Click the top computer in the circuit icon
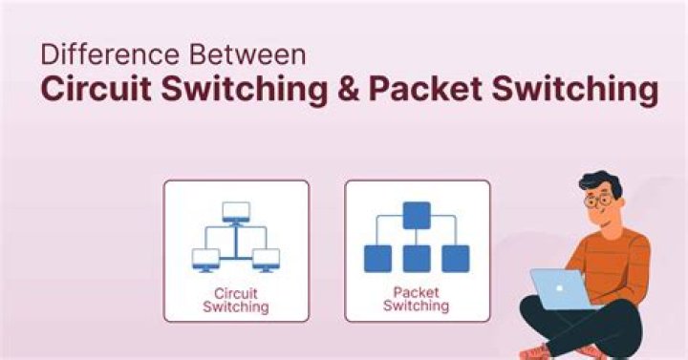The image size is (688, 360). click(x=235, y=212)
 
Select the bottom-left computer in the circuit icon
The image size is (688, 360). click(x=205, y=258)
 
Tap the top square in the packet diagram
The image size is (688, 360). click(x=416, y=214)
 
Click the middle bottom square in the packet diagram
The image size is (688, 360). click(x=416, y=258)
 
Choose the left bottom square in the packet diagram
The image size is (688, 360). click(x=377, y=258)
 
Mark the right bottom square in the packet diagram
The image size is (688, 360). click(x=455, y=258)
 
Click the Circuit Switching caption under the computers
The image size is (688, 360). click(x=235, y=301)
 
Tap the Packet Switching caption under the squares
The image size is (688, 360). click(x=416, y=299)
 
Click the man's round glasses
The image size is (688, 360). click(x=599, y=201)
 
